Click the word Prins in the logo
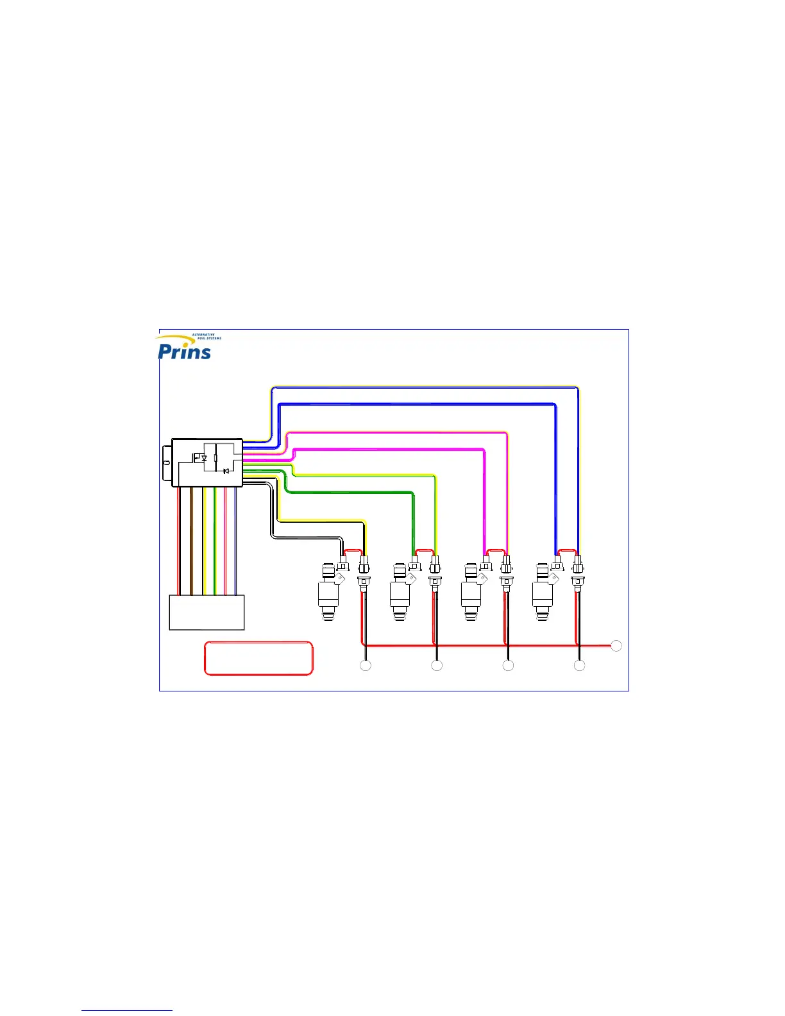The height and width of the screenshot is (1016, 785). (185, 351)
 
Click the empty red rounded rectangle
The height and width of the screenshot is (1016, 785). (258, 658)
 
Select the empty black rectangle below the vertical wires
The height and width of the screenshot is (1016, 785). (207, 613)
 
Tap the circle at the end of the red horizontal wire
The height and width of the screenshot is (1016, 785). (616, 646)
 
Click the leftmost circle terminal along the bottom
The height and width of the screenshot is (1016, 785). (366, 666)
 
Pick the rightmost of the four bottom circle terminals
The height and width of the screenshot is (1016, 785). (579, 666)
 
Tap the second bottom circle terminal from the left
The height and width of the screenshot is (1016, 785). (437, 666)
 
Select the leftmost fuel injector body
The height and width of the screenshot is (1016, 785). (328, 593)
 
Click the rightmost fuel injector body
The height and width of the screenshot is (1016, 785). (543, 593)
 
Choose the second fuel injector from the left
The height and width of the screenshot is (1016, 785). (400, 593)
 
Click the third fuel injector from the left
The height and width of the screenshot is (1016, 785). (471, 593)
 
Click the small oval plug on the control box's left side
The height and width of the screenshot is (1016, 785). (166, 462)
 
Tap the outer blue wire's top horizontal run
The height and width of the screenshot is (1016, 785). (423, 387)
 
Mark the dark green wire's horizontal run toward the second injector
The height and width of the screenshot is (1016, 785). (346, 492)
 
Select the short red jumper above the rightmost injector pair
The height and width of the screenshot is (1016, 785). (567, 550)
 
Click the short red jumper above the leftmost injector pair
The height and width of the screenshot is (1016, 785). (353, 550)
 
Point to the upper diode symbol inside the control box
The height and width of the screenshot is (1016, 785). (204, 458)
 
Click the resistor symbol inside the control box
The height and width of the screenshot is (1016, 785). (215, 458)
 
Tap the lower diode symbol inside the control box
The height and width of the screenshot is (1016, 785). (226, 471)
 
